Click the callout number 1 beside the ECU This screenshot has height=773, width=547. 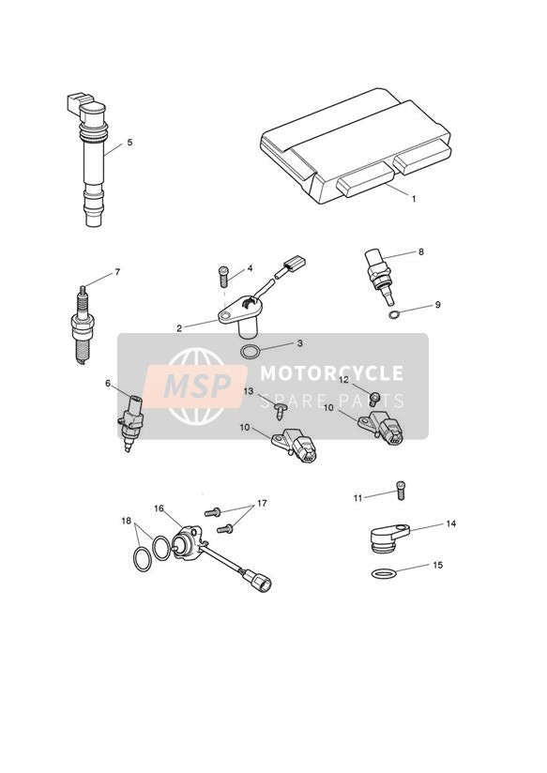[414, 199]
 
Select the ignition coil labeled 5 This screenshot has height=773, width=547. [90, 159]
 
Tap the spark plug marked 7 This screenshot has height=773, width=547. [84, 325]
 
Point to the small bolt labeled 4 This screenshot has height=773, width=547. [223, 277]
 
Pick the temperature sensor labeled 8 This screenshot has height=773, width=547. [380, 277]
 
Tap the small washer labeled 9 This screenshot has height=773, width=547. [393, 314]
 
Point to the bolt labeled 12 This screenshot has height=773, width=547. [374, 400]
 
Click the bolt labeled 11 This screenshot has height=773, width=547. [401, 491]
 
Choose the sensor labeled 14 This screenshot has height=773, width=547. [389, 538]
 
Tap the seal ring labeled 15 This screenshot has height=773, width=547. [384, 573]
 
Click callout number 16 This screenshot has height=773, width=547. [159, 508]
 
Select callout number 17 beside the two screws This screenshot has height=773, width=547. [262, 504]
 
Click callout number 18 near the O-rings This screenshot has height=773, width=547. [127, 521]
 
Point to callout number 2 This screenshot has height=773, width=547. [179, 327]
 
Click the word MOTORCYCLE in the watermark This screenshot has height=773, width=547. [331, 373]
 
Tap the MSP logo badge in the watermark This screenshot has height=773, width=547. [195, 386]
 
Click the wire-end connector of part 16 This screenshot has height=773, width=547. [261, 582]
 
